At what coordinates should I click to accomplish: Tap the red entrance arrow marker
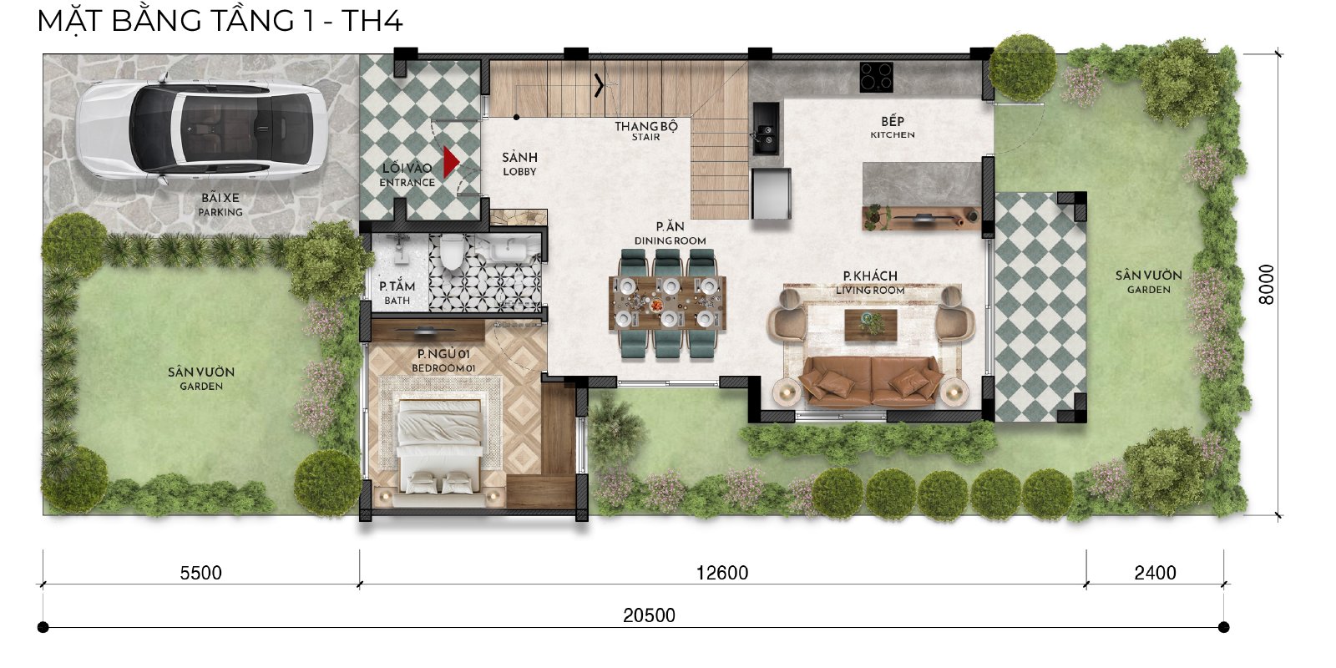451,162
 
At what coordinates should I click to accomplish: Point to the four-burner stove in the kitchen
876,77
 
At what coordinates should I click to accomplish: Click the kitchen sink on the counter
766,129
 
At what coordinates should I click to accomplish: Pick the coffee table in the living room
871,325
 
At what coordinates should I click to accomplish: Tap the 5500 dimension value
201,573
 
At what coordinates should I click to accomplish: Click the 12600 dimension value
722,573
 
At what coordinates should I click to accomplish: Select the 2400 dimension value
1156,573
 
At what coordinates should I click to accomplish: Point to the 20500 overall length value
649,615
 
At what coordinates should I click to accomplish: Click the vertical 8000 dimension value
1266,285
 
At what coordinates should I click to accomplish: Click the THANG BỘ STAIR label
646,131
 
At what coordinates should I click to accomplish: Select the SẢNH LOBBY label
519,164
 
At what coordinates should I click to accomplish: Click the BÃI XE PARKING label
220,205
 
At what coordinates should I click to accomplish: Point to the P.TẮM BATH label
397,292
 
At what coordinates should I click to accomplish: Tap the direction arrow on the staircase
598,85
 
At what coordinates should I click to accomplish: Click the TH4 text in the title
372,20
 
